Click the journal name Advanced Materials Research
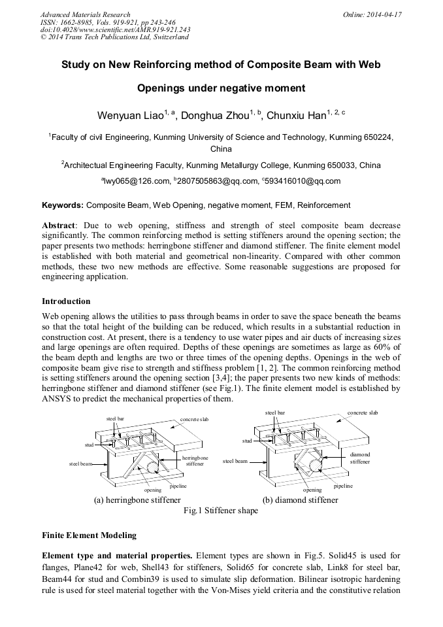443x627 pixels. pos(85,14)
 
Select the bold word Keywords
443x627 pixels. pos(63,205)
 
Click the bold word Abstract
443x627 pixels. pos(58,224)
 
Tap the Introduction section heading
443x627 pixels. pos(66,301)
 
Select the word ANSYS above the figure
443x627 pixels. pos(59,399)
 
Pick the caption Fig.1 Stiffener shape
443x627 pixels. pos(220,511)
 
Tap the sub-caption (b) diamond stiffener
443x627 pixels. pos(300,500)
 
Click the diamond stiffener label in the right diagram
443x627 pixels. pos(359,458)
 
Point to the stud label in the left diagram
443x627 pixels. pos(89,445)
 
